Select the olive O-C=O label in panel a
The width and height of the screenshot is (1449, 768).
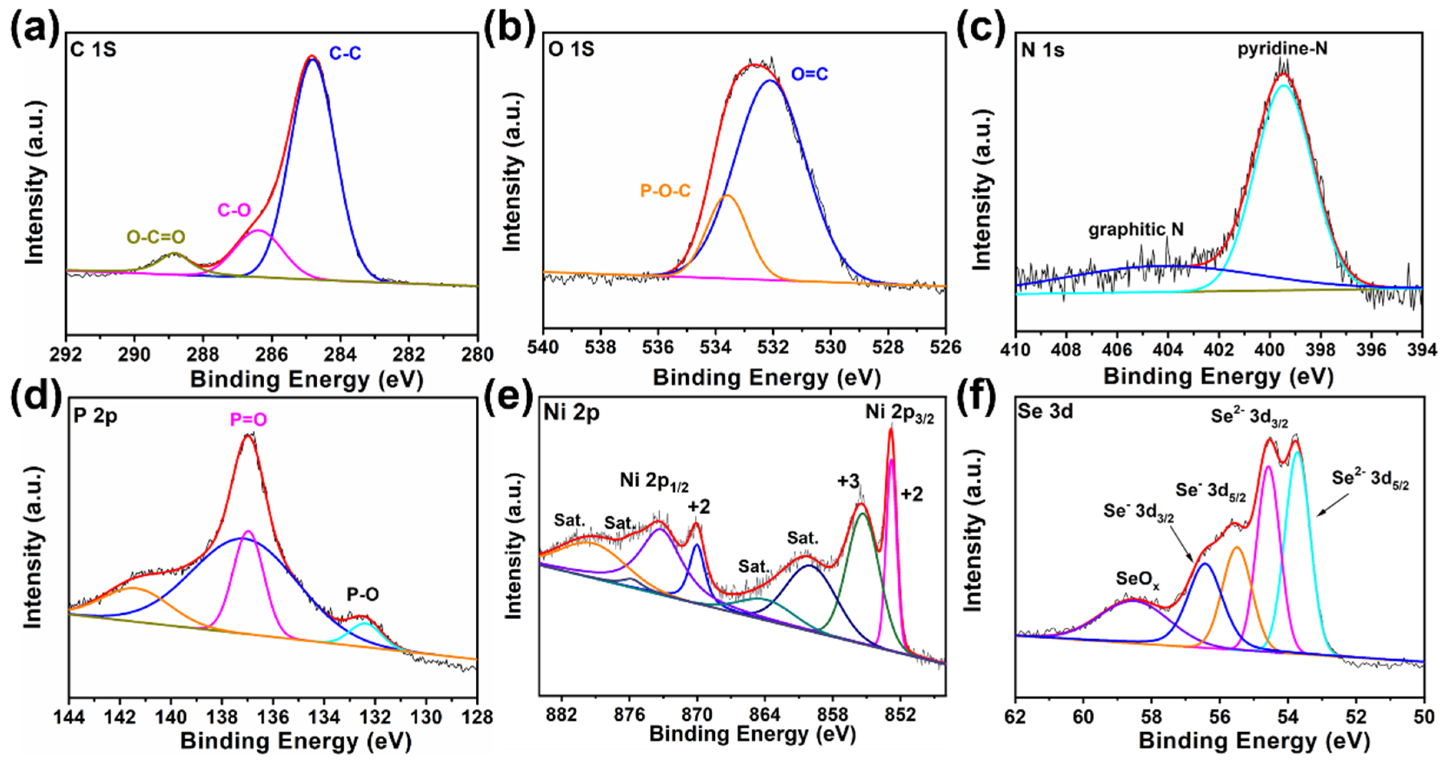(156, 237)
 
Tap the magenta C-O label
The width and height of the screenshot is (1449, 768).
(234, 210)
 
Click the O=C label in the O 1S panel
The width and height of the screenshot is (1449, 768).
(810, 74)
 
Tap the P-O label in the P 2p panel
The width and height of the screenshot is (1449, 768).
(362, 594)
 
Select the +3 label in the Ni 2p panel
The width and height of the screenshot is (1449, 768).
(848, 481)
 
